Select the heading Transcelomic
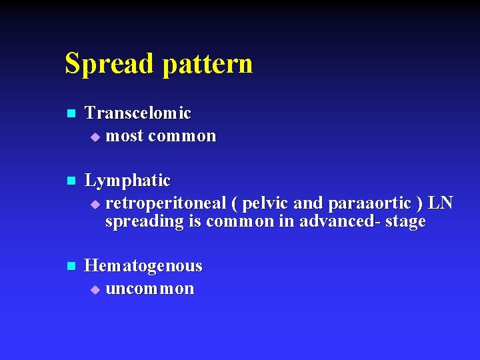click(x=138, y=113)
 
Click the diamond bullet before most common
click(x=95, y=137)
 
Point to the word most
click(x=125, y=136)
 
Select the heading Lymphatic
click(x=128, y=181)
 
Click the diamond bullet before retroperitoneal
click(x=95, y=203)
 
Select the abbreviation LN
click(x=441, y=203)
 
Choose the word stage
click(x=405, y=222)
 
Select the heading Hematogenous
click(x=143, y=266)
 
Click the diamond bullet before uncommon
click(x=95, y=289)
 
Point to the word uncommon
click(x=150, y=289)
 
